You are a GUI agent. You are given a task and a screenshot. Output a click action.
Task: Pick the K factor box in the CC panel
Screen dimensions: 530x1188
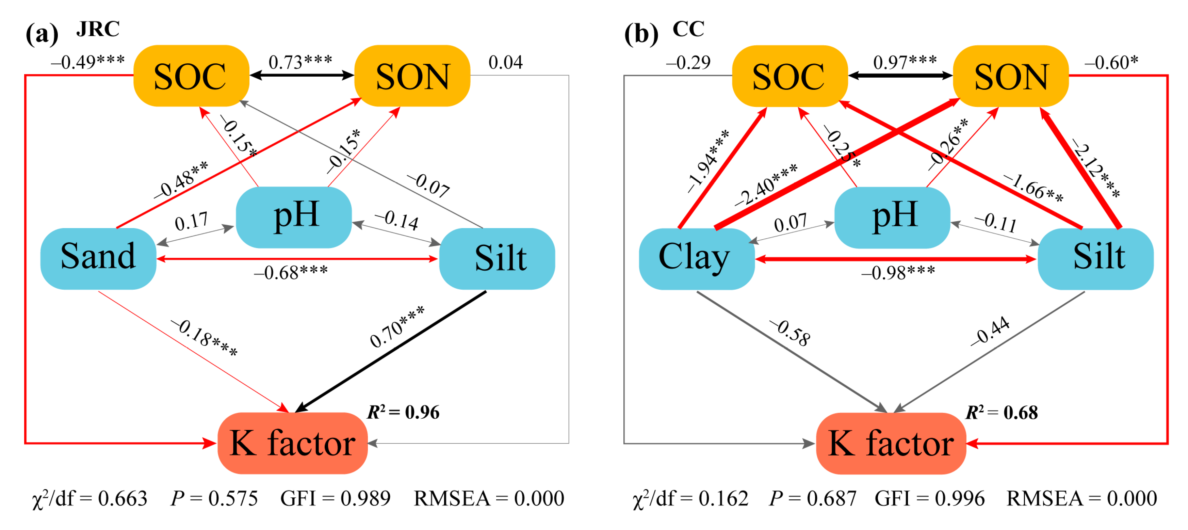point(891,443)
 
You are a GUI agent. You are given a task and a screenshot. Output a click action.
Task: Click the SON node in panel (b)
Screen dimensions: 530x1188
point(1010,76)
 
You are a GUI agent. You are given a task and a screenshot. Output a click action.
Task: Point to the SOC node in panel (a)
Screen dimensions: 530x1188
point(191,76)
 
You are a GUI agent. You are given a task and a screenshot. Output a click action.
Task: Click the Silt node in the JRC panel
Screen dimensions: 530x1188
point(497,258)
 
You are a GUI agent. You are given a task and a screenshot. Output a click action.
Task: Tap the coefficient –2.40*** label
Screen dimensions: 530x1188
point(766,184)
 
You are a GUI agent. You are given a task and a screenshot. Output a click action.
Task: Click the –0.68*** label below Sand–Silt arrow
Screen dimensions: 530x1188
point(291,273)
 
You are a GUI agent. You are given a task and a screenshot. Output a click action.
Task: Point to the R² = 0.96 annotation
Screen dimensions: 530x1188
point(403,412)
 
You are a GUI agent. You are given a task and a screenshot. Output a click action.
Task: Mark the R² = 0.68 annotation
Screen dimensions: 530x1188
point(1002,412)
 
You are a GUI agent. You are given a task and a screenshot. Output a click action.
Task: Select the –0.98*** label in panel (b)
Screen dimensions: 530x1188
point(898,273)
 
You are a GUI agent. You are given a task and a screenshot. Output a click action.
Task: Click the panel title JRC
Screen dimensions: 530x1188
point(98,29)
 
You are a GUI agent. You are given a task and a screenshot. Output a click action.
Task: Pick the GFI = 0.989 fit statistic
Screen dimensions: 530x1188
point(335,498)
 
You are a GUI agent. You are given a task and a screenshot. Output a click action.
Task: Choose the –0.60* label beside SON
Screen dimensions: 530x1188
point(1110,62)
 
